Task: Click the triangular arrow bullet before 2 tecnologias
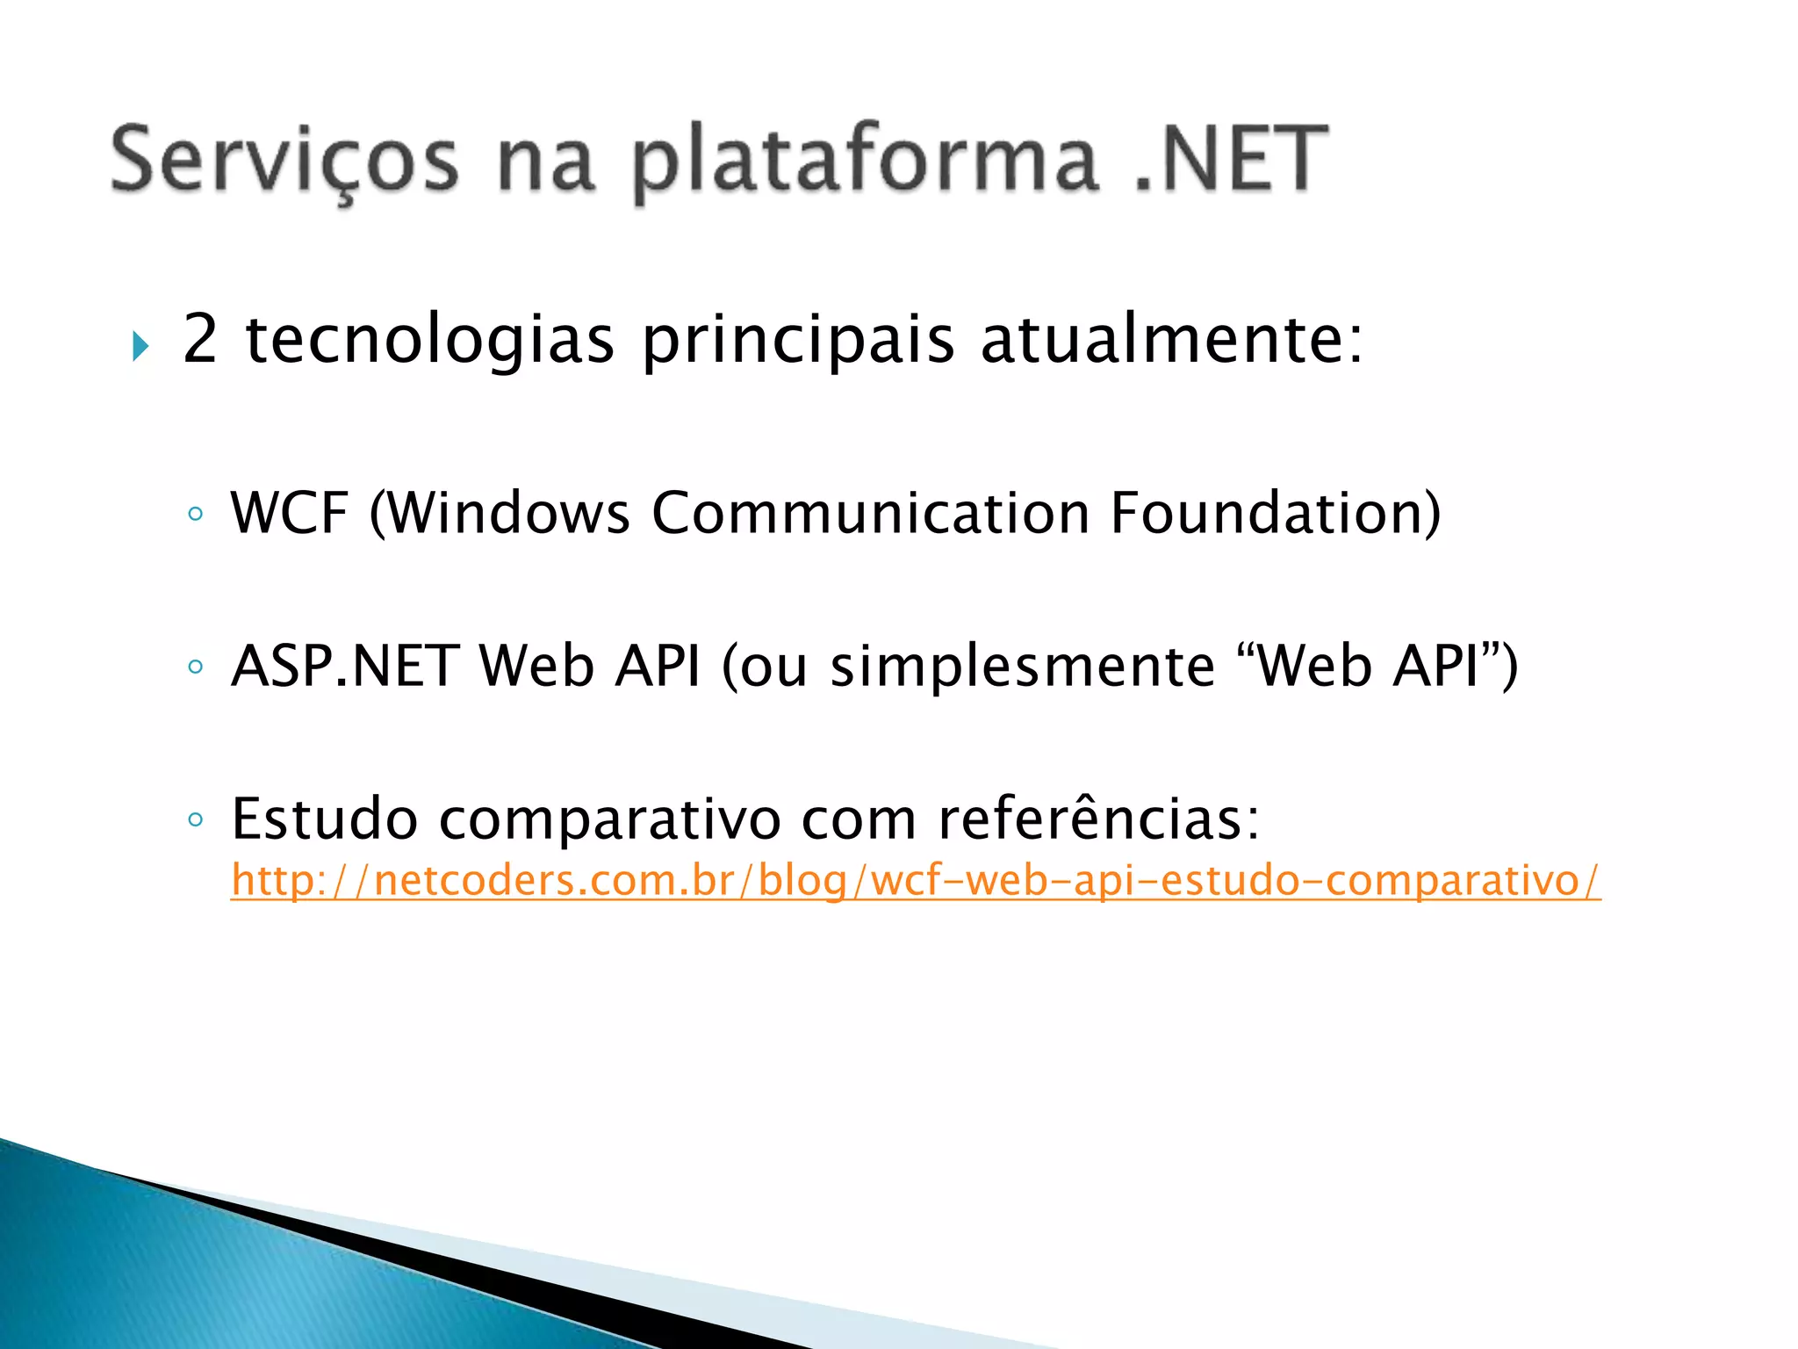140,346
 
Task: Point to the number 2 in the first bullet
200,339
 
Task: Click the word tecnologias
429,341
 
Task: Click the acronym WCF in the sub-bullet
290,513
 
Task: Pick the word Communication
870,513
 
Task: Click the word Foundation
1264,513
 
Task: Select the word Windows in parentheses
509,513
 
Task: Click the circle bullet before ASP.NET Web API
195,667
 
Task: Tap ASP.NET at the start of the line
345,666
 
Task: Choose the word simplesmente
1022,666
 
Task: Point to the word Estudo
324,819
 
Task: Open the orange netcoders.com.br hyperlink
915,880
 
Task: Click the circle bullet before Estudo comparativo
195,820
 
